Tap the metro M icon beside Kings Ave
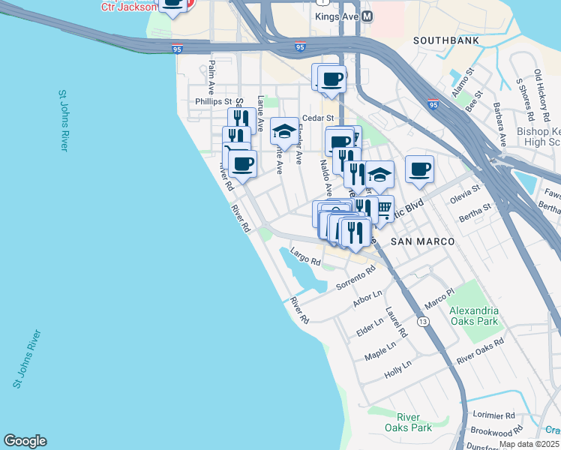click(367, 16)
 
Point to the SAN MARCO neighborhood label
click(422, 241)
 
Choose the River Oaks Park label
click(414, 422)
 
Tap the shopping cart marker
click(382, 208)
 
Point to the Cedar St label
click(317, 118)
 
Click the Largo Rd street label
click(305, 257)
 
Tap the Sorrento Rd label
click(355, 278)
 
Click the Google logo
click(25, 441)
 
